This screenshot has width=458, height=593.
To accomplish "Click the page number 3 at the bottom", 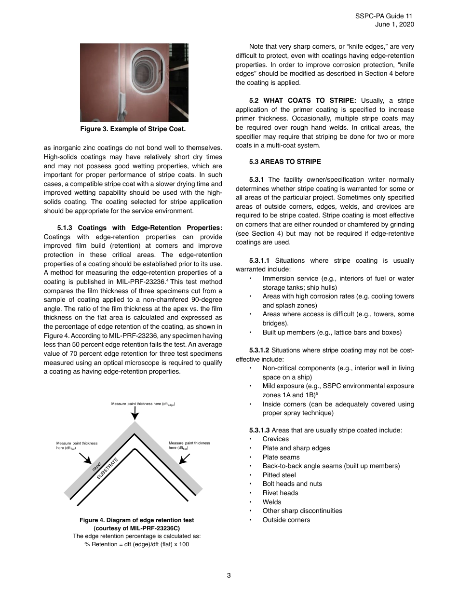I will (229, 575).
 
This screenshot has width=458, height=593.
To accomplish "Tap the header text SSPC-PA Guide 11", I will (384, 16).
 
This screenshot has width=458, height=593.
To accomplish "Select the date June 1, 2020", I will (394, 25).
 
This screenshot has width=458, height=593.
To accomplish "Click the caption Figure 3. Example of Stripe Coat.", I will (133, 129).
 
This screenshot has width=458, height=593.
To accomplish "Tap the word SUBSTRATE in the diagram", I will (108, 468).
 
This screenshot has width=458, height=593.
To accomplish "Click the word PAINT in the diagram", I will (97, 466).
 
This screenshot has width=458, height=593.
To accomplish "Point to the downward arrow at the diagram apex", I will (135, 412).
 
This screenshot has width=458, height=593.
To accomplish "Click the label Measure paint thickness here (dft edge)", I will (143, 404).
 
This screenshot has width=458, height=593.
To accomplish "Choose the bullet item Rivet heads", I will (280, 493).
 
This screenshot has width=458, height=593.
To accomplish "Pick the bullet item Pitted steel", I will (279, 475).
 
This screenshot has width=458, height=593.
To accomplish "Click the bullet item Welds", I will (272, 502).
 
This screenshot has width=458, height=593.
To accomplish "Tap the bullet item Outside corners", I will (286, 520).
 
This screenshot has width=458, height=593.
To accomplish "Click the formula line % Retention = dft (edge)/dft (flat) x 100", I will (136, 544).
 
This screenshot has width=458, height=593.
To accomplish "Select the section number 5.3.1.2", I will (259, 350).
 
